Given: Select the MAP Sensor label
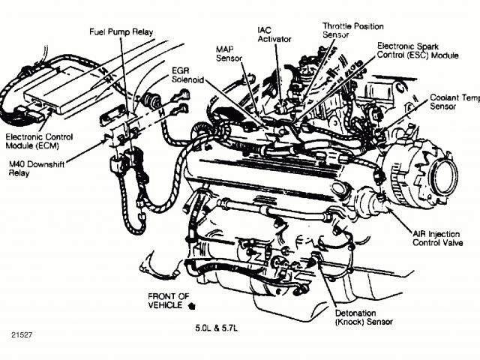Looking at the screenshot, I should [x=228, y=53].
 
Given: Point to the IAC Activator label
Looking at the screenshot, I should [x=269, y=35].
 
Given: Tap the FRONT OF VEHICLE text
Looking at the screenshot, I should [x=168, y=300].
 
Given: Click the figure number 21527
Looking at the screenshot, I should [x=22, y=334].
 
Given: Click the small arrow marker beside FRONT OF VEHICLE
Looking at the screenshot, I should [x=194, y=306].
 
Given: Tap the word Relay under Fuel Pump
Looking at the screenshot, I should [x=142, y=33].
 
